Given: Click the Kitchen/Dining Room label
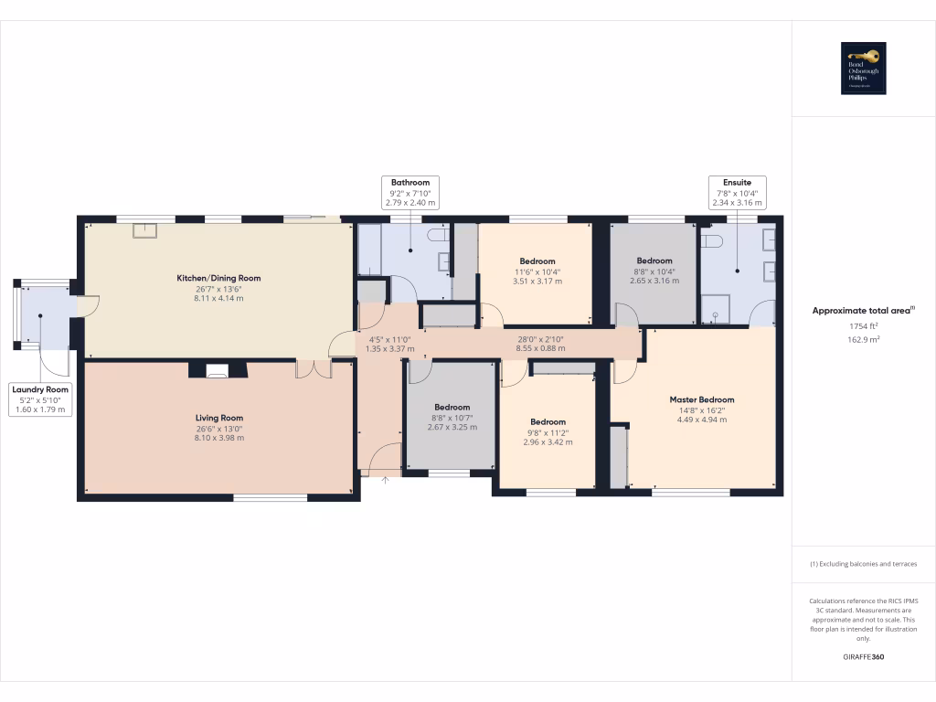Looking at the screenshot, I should (218, 278).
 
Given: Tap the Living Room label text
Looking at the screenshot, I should (218, 418).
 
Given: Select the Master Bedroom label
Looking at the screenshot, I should (702, 399).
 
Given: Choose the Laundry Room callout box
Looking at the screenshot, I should (40, 399).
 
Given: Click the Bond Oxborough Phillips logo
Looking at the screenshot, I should (864, 69).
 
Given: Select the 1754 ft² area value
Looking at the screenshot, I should (864, 326).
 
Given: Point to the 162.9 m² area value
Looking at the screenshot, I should (864, 339).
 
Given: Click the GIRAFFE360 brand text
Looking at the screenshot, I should (864, 657).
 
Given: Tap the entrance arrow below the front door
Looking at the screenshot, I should (385, 479).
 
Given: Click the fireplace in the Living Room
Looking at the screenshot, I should (218, 370).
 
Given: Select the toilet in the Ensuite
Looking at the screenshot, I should (713, 241).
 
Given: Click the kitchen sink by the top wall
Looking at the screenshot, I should (144, 230).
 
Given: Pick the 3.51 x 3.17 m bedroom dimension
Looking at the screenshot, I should (537, 282).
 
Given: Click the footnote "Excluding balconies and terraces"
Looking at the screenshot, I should (864, 564).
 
